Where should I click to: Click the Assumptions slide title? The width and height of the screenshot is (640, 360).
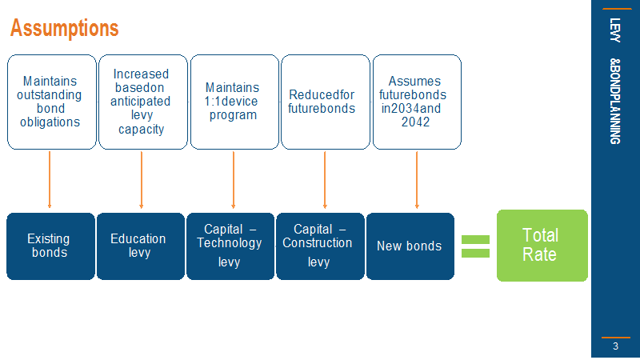tap(65, 28)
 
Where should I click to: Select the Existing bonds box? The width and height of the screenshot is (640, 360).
tap(50, 246)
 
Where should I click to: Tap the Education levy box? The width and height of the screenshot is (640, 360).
tap(141, 246)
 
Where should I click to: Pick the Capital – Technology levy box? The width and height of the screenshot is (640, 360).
tap(230, 246)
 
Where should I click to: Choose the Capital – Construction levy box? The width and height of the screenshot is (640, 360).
tap(320, 246)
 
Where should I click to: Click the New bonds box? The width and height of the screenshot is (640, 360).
tap(410, 246)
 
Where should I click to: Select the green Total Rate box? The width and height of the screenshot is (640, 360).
tap(542, 246)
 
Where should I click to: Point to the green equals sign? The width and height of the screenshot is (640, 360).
tap(475, 246)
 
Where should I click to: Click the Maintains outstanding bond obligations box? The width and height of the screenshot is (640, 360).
tap(52, 102)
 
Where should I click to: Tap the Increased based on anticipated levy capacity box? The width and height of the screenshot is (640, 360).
tap(143, 102)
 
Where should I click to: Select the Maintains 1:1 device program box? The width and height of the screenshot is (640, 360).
tap(234, 102)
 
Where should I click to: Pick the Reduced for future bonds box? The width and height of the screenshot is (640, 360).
tap(326, 102)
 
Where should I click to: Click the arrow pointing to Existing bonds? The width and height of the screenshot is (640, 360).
tap(50, 180)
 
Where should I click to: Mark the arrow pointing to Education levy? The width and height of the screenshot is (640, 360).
tap(142, 180)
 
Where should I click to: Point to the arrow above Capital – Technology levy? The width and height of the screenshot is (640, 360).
tap(233, 180)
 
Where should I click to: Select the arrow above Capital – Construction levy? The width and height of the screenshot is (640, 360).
tap(325, 180)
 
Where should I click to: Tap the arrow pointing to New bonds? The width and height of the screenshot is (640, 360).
tap(417, 180)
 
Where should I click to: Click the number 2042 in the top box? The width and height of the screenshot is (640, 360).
tap(415, 122)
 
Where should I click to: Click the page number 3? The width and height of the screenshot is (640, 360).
tap(615, 346)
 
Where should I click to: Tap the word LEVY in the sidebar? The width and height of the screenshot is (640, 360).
tap(615, 30)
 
